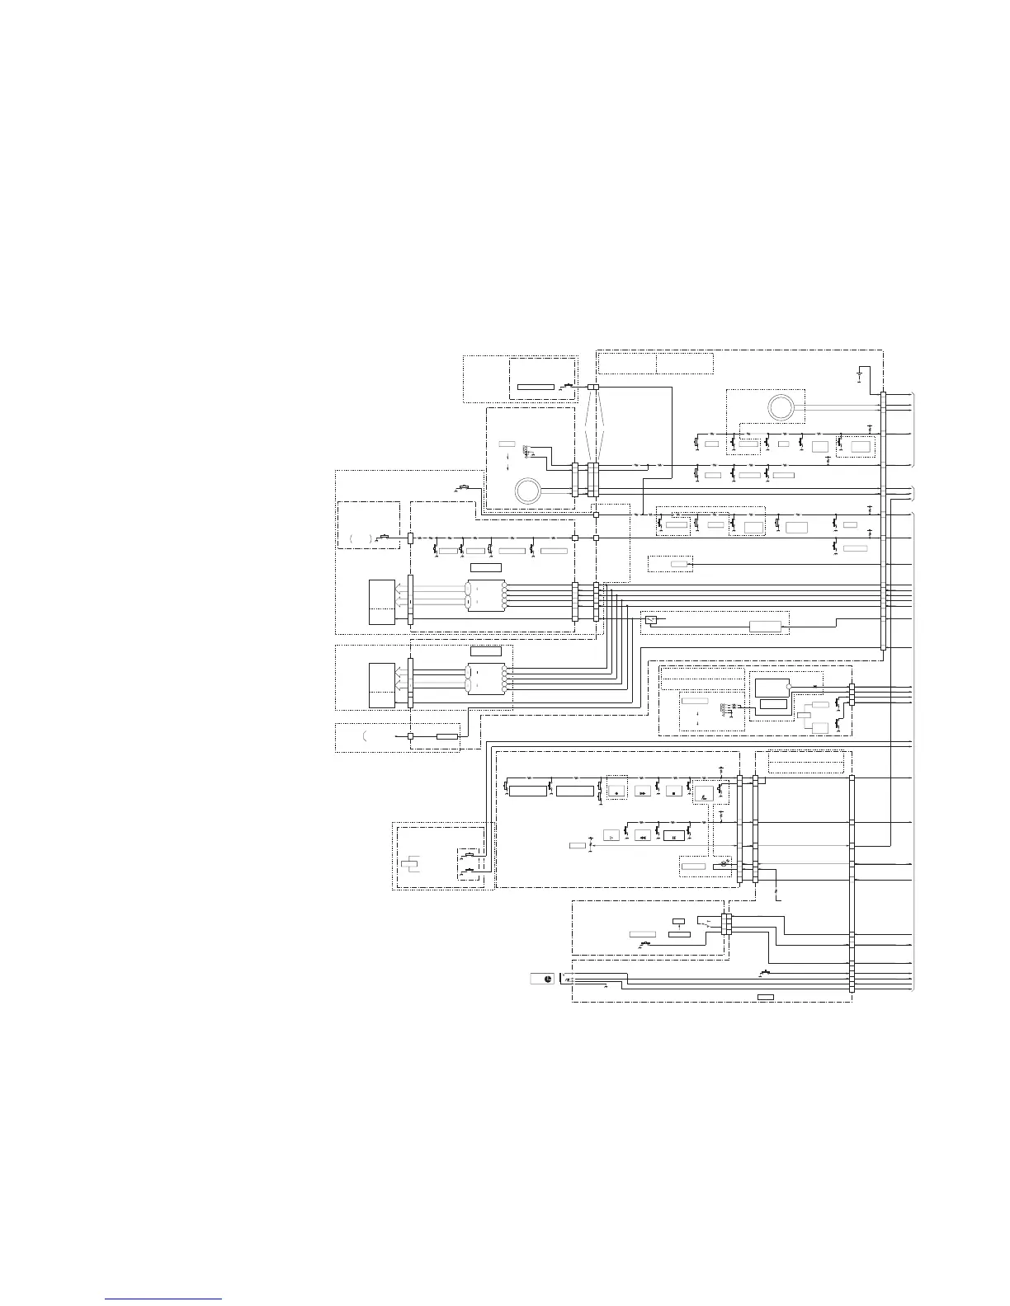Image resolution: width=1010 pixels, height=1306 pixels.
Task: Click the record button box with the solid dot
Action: pyautogui.click(x=616, y=792)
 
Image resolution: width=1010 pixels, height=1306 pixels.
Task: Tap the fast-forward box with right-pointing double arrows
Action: pyautogui.click(x=643, y=792)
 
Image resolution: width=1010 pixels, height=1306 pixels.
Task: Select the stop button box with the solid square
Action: pyautogui.click(x=673, y=792)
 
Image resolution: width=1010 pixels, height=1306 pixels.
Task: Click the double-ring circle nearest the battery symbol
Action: pyautogui.click(x=781, y=406)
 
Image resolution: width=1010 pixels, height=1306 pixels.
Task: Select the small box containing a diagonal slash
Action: pyautogui.click(x=651, y=619)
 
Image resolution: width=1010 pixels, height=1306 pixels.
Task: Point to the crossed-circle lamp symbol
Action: pyautogui.click(x=724, y=863)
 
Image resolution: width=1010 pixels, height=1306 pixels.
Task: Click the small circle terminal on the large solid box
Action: pyautogui.click(x=790, y=686)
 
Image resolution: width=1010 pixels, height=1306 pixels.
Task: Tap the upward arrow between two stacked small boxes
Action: pyautogui.click(x=678, y=927)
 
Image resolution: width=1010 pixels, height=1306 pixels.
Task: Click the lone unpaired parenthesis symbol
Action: pyautogui.click(x=363, y=735)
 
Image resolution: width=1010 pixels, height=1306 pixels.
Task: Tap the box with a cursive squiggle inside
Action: pyautogui.click(x=703, y=794)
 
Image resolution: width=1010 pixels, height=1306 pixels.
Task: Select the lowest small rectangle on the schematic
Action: pyautogui.click(x=766, y=998)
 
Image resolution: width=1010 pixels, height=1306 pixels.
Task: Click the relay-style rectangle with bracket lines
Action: pyautogui.click(x=412, y=863)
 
